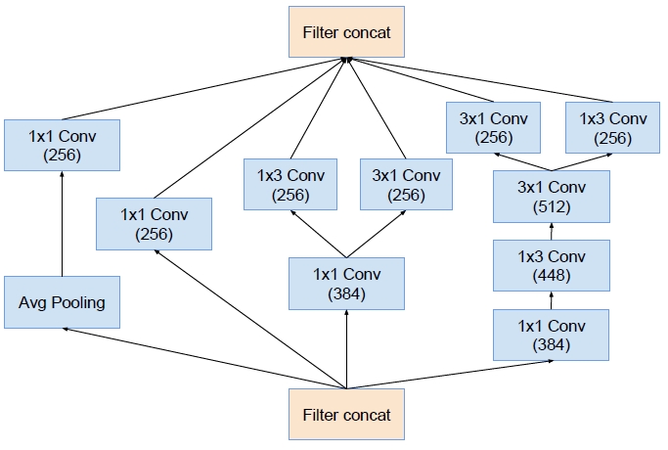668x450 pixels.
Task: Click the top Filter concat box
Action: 346,31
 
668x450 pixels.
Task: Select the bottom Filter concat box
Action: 346,414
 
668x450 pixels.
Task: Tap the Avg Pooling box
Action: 62,301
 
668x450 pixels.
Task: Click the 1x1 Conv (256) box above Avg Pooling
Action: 62,144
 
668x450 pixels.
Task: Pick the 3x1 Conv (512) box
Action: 551,197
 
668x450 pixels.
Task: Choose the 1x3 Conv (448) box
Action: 551,266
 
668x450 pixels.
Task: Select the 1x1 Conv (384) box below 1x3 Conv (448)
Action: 551,335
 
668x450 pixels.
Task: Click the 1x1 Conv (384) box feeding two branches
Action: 346,283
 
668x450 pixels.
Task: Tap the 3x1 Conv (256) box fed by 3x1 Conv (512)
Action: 494,128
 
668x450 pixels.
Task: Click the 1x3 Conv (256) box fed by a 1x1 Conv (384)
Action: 290,185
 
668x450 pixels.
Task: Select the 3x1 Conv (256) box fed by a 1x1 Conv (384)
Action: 406,185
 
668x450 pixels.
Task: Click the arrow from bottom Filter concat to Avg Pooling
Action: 196,358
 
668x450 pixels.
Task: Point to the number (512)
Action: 551,206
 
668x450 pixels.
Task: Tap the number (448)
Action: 551,276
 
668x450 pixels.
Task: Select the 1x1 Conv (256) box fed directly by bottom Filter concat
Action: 154,223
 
